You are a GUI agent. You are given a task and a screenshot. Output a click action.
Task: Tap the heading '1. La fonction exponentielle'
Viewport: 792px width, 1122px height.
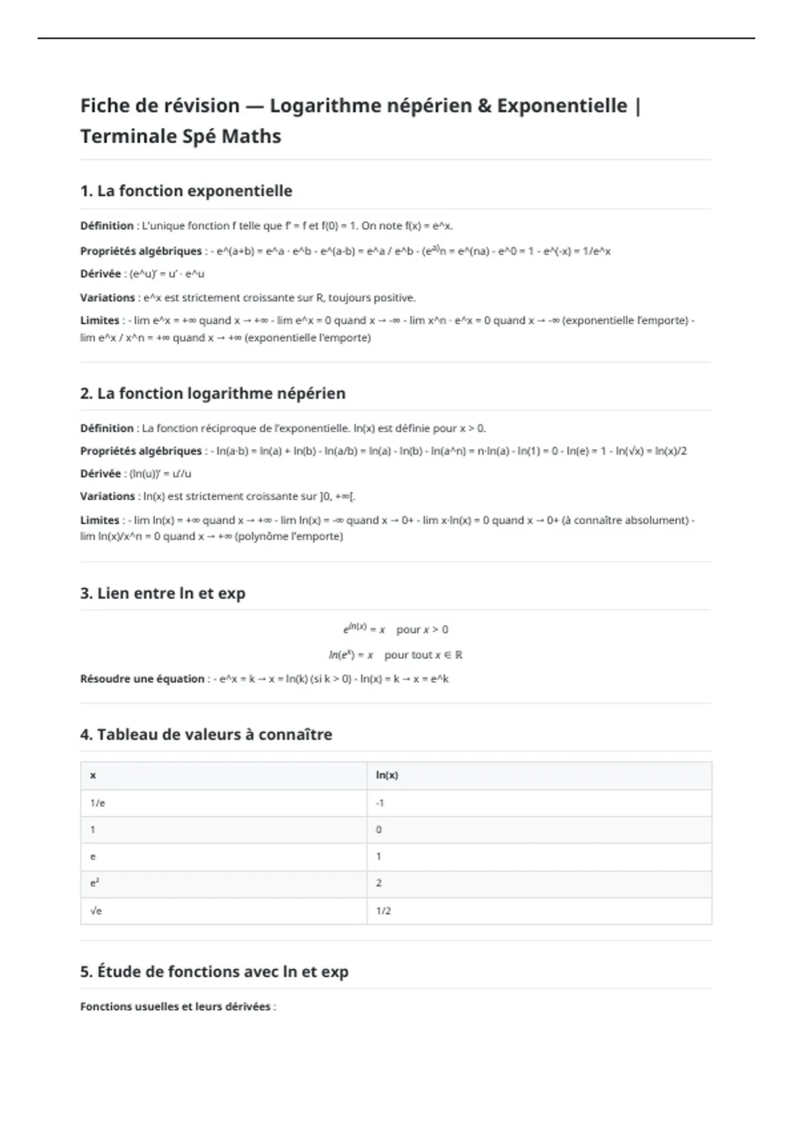tap(186, 191)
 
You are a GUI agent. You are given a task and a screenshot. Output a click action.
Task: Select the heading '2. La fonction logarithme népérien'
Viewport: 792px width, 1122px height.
tap(213, 393)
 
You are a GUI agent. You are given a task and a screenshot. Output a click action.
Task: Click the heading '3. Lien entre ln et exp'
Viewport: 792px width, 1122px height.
tap(162, 593)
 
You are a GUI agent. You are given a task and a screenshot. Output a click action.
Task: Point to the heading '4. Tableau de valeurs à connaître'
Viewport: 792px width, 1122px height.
tap(206, 735)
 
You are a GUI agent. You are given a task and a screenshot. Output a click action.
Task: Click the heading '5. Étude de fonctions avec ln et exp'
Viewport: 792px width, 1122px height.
tap(214, 972)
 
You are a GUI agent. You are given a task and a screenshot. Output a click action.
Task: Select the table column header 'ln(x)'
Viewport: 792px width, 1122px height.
tap(387, 775)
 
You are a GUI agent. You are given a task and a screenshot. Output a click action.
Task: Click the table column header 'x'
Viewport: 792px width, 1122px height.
tap(93, 775)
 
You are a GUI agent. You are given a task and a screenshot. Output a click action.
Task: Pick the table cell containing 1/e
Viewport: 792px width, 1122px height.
tap(98, 803)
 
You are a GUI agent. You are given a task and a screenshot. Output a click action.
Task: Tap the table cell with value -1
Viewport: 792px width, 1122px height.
tap(379, 803)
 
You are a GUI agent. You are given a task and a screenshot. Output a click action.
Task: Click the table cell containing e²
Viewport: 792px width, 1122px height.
tap(94, 883)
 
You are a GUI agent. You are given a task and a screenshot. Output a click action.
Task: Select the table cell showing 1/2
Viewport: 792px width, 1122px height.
tap(383, 911)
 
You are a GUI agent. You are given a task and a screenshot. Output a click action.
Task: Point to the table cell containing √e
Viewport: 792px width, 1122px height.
tap(96, 911)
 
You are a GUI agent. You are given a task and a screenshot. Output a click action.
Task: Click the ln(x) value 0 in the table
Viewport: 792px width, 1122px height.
tap(379, 830)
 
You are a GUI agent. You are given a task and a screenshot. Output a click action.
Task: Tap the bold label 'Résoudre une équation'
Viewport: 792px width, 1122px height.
tap(142, 679)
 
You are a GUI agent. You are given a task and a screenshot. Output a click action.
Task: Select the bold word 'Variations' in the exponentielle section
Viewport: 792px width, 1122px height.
tap(108, 298)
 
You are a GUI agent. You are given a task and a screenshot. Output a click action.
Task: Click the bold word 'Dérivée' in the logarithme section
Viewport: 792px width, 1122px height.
tap(100, 474)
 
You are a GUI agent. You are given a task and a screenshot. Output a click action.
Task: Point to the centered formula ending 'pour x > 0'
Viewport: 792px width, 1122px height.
tap(395, 629)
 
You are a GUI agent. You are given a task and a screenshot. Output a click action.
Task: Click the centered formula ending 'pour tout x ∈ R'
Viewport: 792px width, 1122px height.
tap(395, 655)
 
